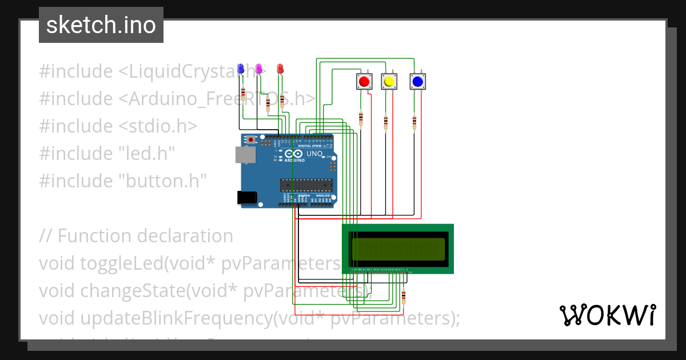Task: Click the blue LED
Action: point(241,69)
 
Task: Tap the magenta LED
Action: point(258,69)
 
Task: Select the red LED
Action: point(280,69)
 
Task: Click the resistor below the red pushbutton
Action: point(361,118)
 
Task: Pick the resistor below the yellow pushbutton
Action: point(385,122)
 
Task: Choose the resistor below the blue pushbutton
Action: point(414,122)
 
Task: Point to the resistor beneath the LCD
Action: point(404,297)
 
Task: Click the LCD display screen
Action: point(398,249)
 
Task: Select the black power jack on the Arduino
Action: point(246,197)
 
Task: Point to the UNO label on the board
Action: point(315,154)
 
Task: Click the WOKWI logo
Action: point(607,315)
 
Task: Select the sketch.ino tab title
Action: point(101,25)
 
